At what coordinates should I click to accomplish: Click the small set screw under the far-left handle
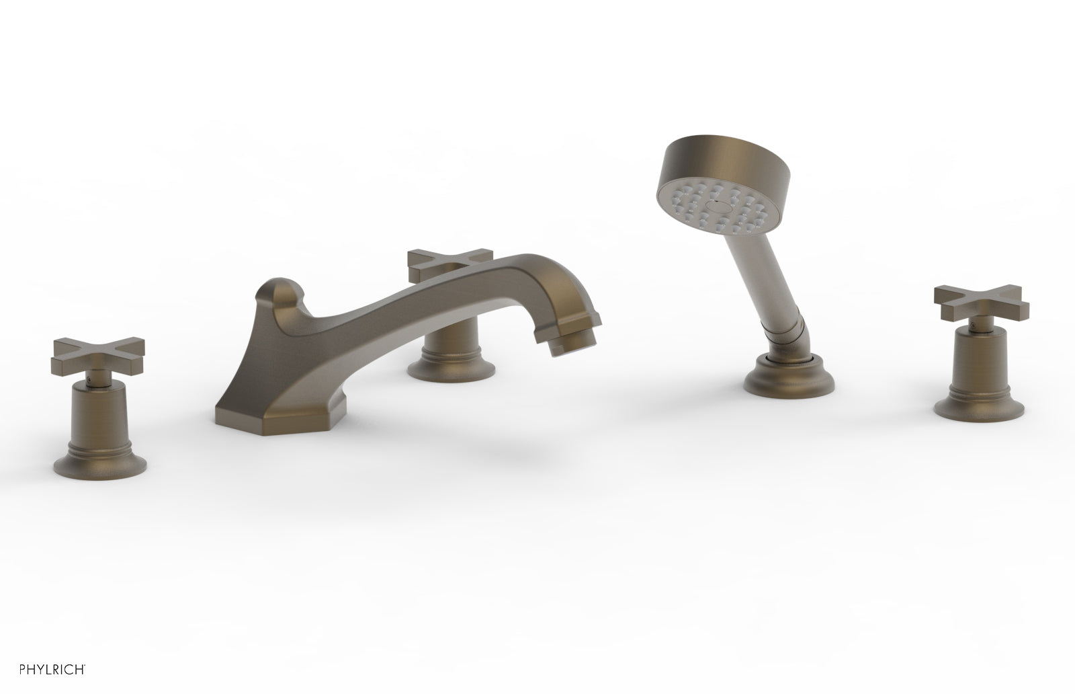click(91, 383)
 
